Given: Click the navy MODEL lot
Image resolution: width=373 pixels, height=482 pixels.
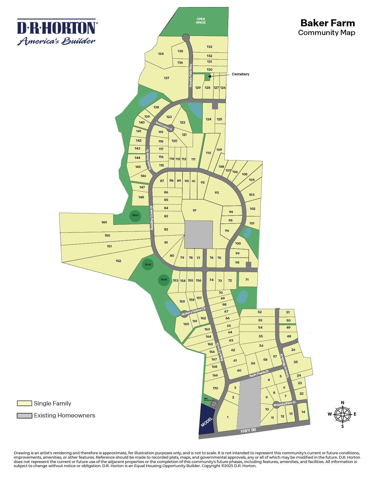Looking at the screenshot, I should click(207, 419).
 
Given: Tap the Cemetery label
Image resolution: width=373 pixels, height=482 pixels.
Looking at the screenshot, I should click(240, 74).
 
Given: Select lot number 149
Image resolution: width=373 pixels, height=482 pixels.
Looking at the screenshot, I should click(104, 222).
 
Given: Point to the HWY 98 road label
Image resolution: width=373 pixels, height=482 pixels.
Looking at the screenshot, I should click(248, 430).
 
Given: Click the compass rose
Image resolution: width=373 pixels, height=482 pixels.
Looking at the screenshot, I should click(342, 414).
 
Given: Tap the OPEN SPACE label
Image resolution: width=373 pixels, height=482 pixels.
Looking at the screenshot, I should click(201, 21).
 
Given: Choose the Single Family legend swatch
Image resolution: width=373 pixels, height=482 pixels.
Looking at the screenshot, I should click(24, 403).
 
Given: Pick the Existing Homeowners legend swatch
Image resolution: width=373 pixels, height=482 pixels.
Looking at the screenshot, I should click(24, 416).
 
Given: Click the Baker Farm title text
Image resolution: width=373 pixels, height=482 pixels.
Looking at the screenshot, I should click(328, 23).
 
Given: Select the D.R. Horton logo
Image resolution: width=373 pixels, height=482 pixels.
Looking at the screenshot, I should click(57, 32).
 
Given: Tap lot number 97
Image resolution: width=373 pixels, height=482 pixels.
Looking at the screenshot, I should click(195, 211).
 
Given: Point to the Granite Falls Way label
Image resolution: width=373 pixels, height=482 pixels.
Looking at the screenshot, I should click(191, 75).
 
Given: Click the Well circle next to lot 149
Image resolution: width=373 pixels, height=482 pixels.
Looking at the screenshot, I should click(135, 216).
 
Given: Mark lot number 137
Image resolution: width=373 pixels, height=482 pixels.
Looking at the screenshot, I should click(166, 78).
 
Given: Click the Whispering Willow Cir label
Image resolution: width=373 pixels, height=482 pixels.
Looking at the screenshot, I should click(285, 404).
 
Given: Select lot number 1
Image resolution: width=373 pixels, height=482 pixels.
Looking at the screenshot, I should click(228, 417).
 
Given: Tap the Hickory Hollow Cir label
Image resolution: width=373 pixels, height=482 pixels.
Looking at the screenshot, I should click(193, 312).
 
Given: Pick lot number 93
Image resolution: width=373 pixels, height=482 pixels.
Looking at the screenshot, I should click(216, 193).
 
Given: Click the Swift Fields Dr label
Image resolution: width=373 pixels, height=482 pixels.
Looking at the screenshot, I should click(259, 373).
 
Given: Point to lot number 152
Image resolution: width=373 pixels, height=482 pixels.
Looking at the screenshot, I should click(118, 261).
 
